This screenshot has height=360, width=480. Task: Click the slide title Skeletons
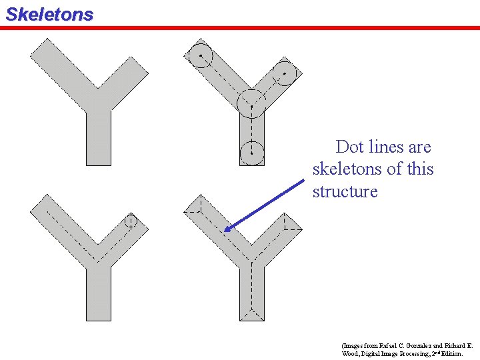tap(49, 14)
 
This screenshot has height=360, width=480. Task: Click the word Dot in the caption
tap(349, 147)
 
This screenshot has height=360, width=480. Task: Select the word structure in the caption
tap(345, 191)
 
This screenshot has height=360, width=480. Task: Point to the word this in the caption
tap(420, 169)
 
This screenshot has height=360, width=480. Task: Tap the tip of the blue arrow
tap(225, 231)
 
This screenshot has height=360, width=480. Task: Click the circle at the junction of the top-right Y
tap(251, 103)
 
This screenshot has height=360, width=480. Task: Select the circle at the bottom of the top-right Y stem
tap(251, 153)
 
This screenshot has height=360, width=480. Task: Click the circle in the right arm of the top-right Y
tap(285, 73)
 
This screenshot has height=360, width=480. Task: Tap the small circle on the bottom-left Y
tap(131, 221)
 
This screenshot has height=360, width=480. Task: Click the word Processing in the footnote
tap(419, 353)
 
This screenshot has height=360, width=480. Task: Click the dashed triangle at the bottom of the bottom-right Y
tap(252, 314)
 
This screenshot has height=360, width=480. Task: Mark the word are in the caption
tap(419, 147)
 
